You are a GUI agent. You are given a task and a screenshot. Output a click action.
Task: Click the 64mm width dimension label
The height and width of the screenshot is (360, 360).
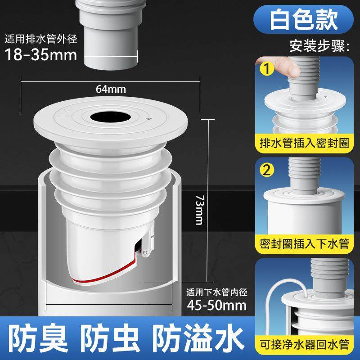111,89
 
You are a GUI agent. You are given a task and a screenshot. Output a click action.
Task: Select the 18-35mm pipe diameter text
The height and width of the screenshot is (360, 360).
38,55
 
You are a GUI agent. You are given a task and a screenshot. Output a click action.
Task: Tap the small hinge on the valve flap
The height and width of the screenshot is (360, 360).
145,254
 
